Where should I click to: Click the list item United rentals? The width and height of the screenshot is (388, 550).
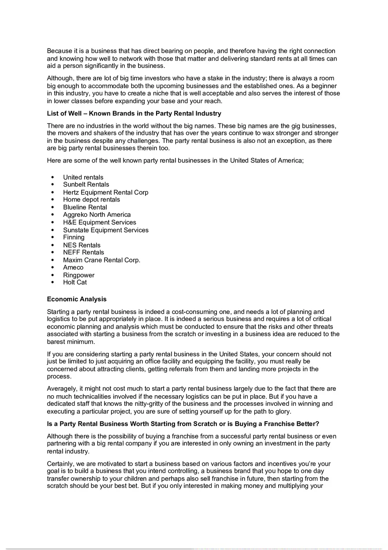[83, 177]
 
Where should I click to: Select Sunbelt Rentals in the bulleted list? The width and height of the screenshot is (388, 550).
[86, 184]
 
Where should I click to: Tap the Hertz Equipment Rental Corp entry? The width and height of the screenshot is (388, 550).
[105, 192]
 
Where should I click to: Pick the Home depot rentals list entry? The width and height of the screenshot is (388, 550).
[91, 199]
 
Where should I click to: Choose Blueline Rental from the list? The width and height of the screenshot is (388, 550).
[85, 207]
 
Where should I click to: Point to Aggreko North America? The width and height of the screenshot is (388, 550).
[97, 214]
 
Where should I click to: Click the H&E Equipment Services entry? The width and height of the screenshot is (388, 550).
[99, 222]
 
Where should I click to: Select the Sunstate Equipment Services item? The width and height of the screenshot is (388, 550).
[105, 230]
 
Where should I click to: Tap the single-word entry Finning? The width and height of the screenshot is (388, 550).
[74, 237]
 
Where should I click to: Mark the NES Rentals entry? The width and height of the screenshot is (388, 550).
[82, 245]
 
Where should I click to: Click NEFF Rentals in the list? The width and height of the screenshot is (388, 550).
[83, 252]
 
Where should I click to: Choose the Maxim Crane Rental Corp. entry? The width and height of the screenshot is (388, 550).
[101, 260]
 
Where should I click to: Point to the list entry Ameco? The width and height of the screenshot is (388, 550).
[73, 267]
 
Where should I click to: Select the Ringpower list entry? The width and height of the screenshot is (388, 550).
[78, 275]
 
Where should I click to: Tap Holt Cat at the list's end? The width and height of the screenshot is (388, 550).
[75, 282]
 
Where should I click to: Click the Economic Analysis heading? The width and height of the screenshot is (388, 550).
[77, 299]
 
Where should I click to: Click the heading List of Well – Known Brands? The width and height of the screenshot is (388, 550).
[134, 114]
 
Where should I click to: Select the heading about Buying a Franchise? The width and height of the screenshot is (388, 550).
[183, 424]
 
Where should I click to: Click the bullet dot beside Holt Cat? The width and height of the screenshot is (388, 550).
[53, 282]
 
